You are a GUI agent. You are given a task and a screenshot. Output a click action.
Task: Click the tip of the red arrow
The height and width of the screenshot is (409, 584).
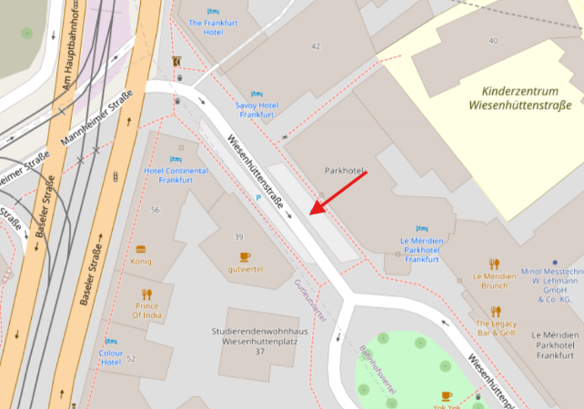310,214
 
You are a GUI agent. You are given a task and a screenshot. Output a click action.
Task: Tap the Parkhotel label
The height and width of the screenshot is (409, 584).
344,171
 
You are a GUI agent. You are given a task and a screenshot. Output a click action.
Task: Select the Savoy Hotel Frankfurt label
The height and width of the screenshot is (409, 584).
257,110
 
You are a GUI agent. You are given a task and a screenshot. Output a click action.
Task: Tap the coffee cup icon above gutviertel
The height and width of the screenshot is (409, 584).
245,256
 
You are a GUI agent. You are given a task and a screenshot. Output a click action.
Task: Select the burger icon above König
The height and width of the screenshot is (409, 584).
141,248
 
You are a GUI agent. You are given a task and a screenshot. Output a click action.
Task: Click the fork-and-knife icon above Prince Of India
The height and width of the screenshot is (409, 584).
146,294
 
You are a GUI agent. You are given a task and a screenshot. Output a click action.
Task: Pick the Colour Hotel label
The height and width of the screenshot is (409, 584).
111,356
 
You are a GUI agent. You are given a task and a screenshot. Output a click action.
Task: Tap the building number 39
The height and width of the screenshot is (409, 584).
239,236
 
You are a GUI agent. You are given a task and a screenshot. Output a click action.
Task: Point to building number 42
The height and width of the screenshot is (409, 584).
316,45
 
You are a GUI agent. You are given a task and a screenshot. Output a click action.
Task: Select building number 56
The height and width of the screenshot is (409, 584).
155,210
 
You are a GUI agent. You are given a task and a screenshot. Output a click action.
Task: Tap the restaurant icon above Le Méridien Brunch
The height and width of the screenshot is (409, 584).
494,264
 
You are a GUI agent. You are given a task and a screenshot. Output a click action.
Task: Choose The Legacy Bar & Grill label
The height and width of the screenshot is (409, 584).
495,328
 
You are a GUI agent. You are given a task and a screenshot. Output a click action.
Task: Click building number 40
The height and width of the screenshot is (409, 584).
493,40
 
